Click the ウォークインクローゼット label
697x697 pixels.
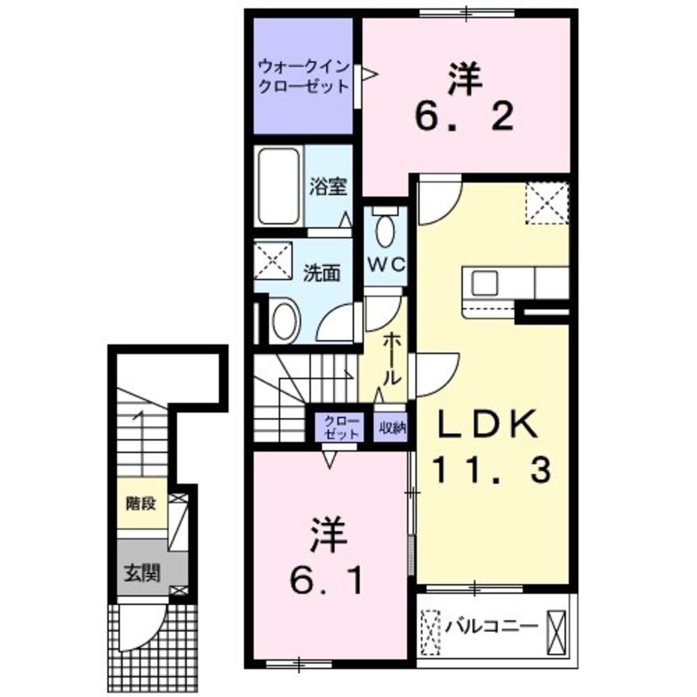pyautogui.click(x=302, y=77)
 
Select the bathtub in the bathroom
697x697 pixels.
pyautogui.click(x=278, y=186)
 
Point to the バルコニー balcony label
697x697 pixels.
pyautogui.click(x=492, y=624)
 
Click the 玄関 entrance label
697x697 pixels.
pyautogui.click(x=142, y=574)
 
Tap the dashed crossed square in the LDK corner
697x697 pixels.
pyautogui.click(x=547, y=202)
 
